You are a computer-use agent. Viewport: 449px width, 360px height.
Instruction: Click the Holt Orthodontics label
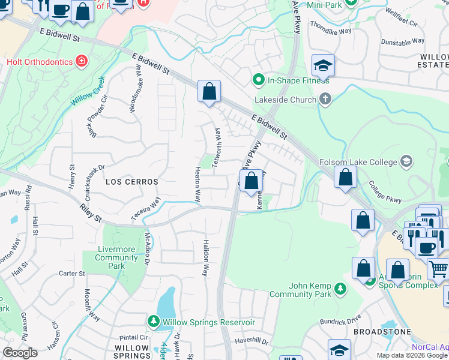tap(39, 61)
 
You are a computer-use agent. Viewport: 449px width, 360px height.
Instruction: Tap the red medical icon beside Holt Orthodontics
tap(81, 61)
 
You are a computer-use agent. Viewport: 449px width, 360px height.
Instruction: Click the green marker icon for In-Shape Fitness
tap(259, 79)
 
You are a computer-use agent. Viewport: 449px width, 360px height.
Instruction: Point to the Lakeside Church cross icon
tap(325, 100)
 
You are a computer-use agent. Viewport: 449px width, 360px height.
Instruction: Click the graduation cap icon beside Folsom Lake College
tap(406, 161)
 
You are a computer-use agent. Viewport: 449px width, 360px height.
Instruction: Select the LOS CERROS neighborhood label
tap(131, 181)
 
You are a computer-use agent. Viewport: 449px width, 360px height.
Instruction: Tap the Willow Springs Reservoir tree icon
tap(153, 322)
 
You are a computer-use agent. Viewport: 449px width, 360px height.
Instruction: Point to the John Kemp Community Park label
tap(309, 290)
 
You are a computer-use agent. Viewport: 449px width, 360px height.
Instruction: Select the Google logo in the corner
tap(20, 353)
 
